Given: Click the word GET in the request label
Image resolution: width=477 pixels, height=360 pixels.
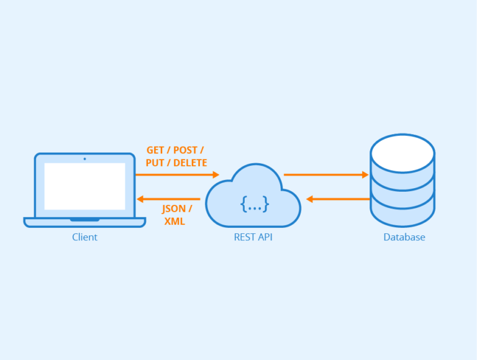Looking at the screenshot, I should [156, 151].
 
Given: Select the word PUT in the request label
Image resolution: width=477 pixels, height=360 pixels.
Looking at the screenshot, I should [155, 163].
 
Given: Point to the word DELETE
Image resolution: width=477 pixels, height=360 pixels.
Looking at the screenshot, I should [190, 163].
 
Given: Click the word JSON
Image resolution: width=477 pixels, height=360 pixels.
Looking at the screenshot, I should [173, 209].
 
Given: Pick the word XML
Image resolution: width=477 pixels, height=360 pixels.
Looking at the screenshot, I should [175, 222].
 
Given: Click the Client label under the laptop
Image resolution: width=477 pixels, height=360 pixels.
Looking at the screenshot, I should [84, 237].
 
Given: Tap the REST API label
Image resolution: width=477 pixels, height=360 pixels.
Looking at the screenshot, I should [253, 237].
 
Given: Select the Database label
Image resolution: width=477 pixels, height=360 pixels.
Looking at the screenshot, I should [404, 237].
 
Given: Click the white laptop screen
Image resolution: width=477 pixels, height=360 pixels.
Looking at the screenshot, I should [84, 186].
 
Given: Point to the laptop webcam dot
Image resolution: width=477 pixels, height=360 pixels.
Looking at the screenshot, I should [84, 159].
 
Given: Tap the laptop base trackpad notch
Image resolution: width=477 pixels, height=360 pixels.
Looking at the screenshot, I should [84, 219].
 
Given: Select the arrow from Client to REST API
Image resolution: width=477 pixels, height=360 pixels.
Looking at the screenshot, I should [177, 175].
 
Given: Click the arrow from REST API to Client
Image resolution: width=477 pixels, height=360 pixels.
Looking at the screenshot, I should [168, 199].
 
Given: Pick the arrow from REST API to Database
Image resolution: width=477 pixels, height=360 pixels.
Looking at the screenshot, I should [325, 175].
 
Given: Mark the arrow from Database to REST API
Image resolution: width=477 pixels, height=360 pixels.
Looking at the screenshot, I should [338, 199].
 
